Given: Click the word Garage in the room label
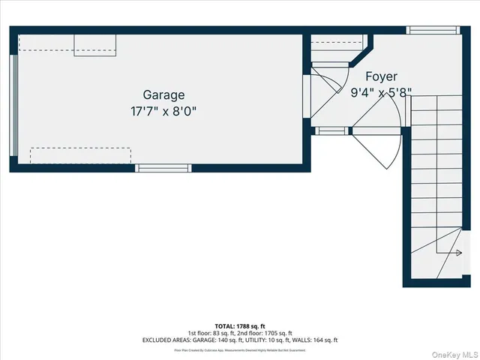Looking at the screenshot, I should pyautogui.click(x=163, y=95).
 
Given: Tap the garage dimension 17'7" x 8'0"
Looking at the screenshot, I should pyautogui.click(x=163, y=111).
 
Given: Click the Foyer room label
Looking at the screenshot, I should pyautogui.click(x=381, y=76).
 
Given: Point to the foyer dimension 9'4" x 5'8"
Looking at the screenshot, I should pyautogui.click(x=381, y=93).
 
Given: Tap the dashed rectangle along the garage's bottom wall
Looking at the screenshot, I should pyautogui.click(x=80, y=155).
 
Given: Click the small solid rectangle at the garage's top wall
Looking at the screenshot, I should pyautogui.click(x=94, y=45).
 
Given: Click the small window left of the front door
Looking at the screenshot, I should pyautogui.click(x=331, y=131).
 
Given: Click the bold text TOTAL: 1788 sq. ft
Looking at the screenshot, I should pyautogui.click(x=239, y=325).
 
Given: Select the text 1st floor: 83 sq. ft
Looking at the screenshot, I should pyautogui.click(x=211, y=332).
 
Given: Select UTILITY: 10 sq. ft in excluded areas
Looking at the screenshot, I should pyautogui.click(x=262, y=340).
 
